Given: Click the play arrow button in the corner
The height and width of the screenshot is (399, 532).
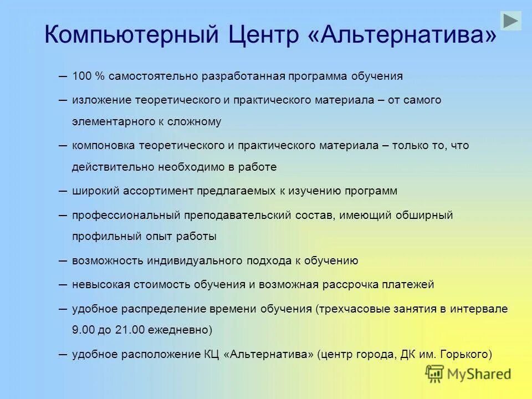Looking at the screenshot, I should coord(510,21).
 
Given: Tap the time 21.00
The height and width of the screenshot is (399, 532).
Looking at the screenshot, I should coord(131,330).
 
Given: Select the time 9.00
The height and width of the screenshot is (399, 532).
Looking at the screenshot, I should coord(84,330).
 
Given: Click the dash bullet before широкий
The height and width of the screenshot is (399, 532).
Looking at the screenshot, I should coord(63,191).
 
